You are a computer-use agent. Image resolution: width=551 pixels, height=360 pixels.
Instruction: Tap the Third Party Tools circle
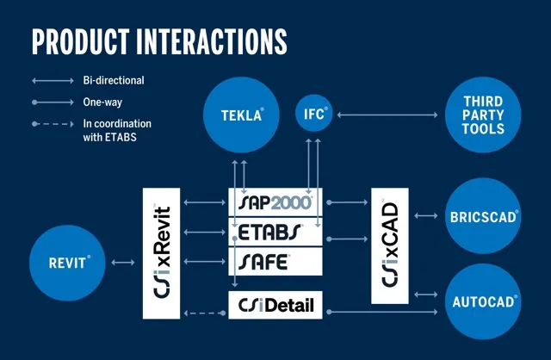[x=484, y=115]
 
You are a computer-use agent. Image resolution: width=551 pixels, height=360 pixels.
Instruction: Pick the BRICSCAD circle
[x=484, y=217]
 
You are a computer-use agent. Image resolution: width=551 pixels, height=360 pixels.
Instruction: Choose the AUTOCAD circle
[x=484, y=301]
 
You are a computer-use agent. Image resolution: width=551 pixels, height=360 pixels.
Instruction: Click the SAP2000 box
[x=275, y=202]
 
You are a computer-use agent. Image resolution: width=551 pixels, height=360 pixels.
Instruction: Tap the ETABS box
[x=275, y=231]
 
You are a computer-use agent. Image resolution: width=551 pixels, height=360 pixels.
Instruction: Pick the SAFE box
[x=275, y=259]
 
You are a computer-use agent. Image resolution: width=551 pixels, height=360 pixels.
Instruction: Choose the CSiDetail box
[x=275, y=304]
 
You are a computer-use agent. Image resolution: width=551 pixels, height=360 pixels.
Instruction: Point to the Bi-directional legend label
[x=113, y=81]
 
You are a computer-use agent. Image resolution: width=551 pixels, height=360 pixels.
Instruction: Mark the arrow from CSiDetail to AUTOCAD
[x=383, y=310]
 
